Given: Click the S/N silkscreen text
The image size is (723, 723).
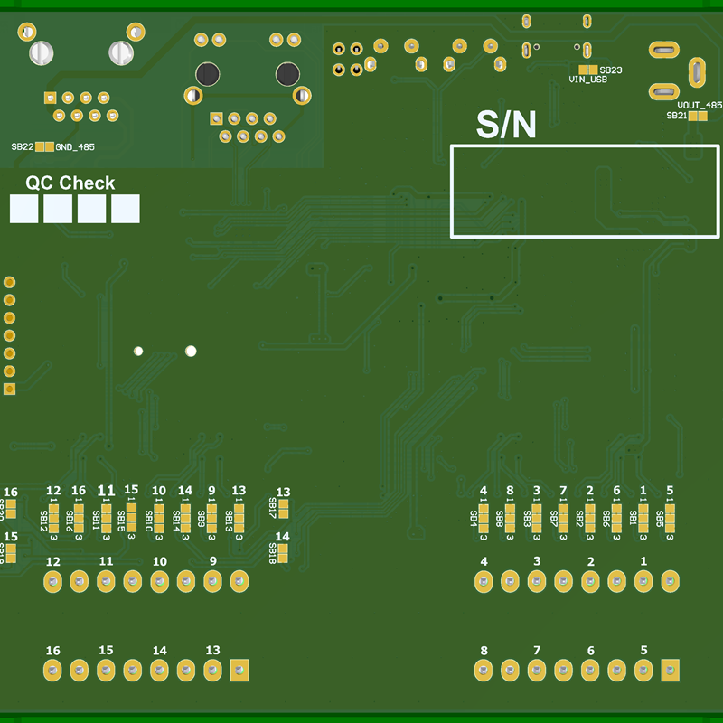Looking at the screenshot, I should (x=506, y=126).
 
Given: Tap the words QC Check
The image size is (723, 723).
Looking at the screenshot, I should (x=70, y=183).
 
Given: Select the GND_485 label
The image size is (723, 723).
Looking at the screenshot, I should (x=75, y=146).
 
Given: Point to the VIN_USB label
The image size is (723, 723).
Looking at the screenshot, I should (x=587, y=80).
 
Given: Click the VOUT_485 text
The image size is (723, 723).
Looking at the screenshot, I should (x=700, y=105).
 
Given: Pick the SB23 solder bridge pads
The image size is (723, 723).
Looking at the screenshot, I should (x=588, y=70).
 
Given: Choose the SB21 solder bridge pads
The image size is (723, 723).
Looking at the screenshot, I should (x=698, y=116).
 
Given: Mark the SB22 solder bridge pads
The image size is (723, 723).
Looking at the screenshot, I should (x=43, y=146).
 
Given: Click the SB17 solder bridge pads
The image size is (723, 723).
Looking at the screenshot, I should (x=283, y=509).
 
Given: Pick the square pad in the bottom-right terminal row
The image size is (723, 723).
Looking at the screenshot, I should (x=670, y=670).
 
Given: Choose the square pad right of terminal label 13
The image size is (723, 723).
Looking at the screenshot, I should (x=239, y=670).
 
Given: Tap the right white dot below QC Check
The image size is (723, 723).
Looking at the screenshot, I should (x=191, y=351).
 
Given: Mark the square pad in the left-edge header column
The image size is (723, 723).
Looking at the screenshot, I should (x=10, y=389).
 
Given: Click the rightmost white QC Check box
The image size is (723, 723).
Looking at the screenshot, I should (x=126, y=209).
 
